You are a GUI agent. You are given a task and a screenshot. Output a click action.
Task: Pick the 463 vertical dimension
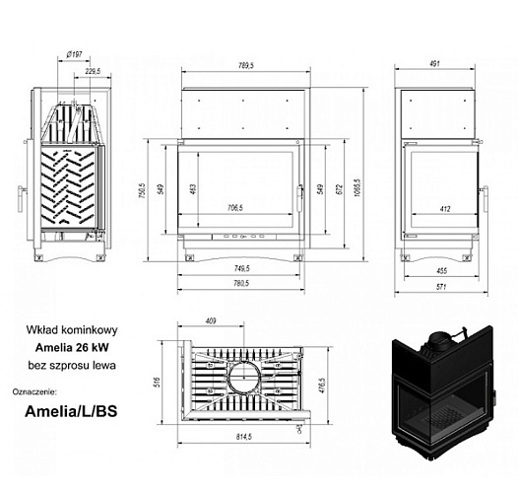(194, 189)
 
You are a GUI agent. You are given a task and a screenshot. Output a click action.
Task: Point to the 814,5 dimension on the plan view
(245, 437)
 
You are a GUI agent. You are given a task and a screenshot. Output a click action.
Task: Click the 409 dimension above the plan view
(210, 320)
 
